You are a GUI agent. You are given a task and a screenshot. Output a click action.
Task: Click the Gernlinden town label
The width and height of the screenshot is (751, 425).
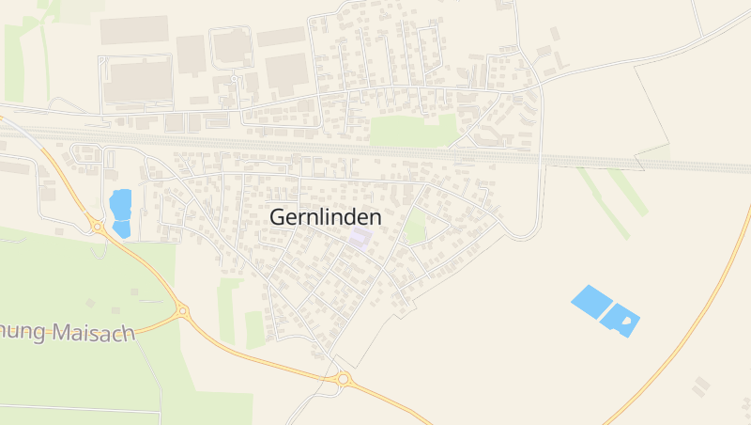pyautogui.click(x=325, y=217)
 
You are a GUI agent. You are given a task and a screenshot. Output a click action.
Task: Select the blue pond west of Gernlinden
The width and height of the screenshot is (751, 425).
pyautogui.click(x=120, y=212)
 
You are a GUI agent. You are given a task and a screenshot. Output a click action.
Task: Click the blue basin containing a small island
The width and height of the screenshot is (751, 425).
pyautogui.click(x=621, y=319)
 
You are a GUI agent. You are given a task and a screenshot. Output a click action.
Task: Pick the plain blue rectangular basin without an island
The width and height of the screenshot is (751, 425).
pyautogui.click(x=590, y=299)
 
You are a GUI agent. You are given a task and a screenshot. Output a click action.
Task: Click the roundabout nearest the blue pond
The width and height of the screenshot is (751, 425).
pyautogui.click(x=98, y=226)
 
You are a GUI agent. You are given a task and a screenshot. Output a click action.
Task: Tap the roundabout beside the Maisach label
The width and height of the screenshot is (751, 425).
pyautogui.click(x=182, y=311)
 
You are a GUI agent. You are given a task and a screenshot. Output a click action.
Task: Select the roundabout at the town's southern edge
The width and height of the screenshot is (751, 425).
pyautogui.click(x=344, y=379)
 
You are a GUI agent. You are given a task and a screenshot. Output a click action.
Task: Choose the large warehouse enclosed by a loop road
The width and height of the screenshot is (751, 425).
pyautogui.click(x=137, y=81)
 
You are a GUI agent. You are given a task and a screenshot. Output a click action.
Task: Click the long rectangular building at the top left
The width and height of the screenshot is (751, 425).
pyautogui.click(x=134, y=29)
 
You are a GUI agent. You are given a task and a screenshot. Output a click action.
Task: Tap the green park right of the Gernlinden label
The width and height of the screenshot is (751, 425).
pyautogui.click(x=415, y=227)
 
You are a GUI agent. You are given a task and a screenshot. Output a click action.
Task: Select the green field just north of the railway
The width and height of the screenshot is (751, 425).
pyautogui.click(x=413, y=131)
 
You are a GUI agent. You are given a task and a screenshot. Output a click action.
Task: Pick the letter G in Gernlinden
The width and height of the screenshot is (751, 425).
pyautogui.click(x=278, y=217)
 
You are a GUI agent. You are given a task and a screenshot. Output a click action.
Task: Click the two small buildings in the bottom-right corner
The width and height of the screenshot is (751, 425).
pyautogui.click(x=700, y=386)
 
